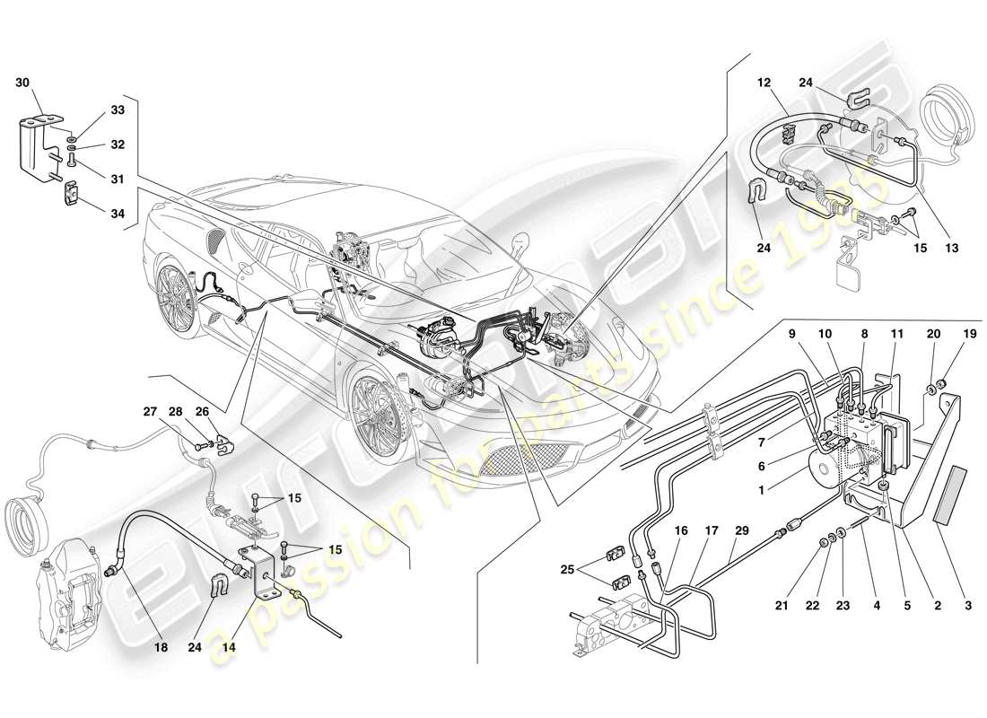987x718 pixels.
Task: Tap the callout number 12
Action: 764,83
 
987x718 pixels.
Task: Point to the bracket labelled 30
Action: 36,144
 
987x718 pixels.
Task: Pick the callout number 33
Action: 118,111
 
